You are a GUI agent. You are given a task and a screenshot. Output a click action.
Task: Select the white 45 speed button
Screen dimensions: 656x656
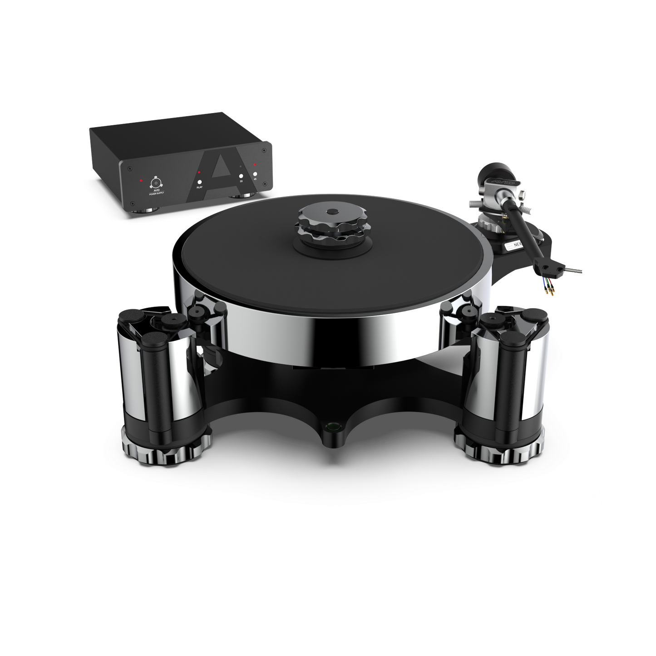[x=255, y=174]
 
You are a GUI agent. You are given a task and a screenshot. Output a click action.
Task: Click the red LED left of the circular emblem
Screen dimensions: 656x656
[x=142, y=181]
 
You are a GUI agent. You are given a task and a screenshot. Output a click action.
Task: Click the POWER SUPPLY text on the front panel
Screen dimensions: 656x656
[x=156, y=193]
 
